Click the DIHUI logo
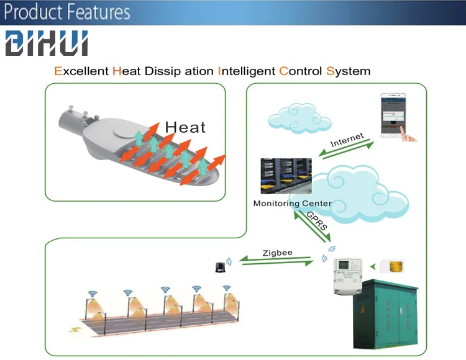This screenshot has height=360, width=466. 47,43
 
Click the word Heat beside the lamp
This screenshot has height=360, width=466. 185,127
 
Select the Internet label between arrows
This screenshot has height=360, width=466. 347,140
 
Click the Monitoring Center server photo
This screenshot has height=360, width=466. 286,176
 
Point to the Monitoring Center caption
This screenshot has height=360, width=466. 292,204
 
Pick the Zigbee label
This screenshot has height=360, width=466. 277,253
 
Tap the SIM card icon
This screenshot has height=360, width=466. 395,266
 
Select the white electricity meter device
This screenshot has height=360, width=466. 345,272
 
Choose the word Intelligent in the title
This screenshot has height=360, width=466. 246,71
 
